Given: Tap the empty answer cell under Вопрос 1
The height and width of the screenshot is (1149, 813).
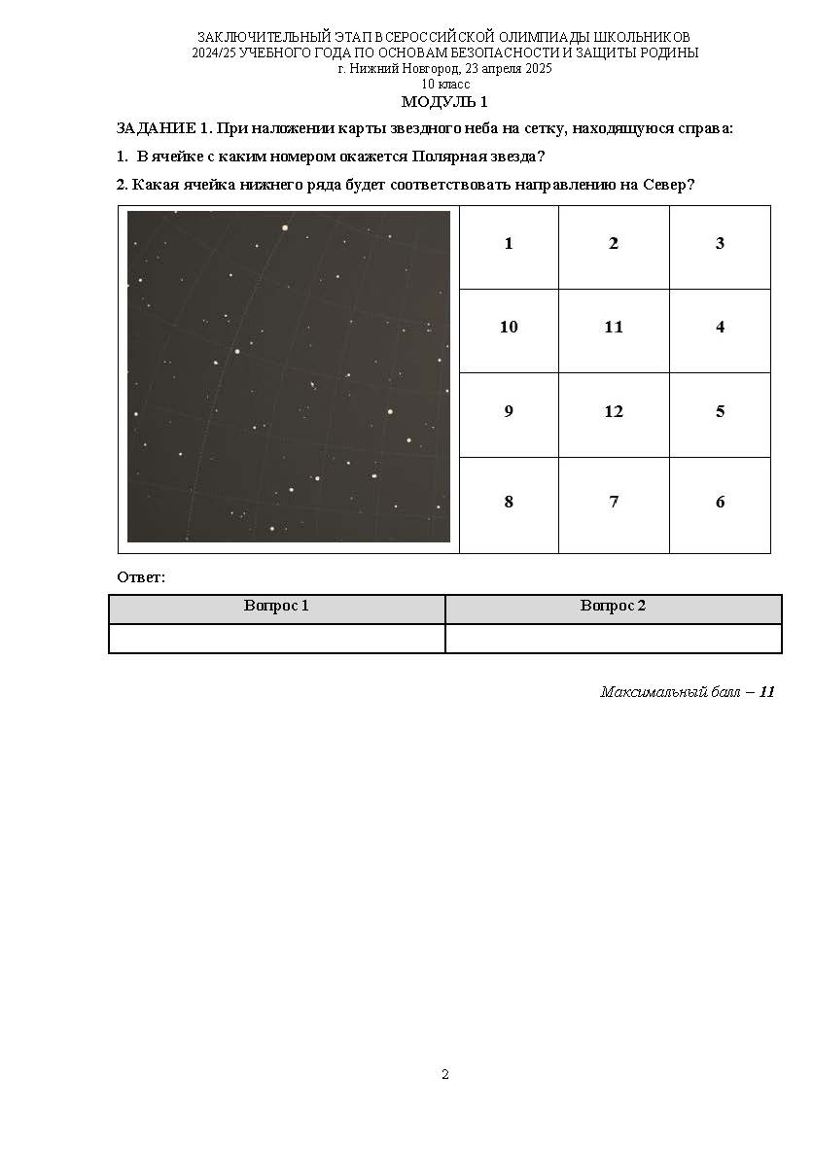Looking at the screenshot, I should point(277,639).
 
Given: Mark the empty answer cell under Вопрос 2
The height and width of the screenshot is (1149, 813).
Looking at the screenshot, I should point(614,639).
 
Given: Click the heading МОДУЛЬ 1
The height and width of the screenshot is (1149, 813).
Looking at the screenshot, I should point(444,102).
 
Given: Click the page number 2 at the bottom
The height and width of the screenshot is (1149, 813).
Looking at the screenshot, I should point(444,1074).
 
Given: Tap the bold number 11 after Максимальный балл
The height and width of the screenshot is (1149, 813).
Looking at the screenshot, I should point(766,692).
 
